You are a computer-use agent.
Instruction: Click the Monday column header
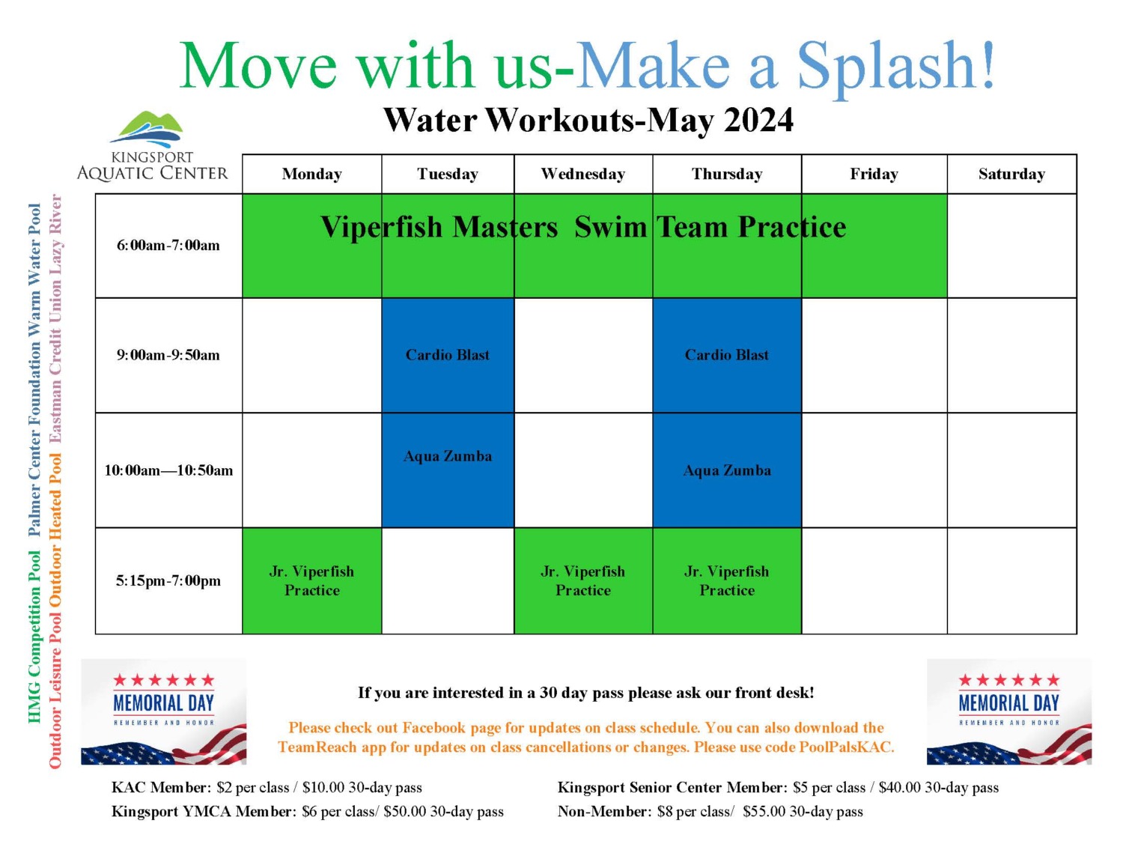pos(311,174)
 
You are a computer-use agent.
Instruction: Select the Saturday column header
pos(1011,174)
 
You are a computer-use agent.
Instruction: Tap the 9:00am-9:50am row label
pos(168,355)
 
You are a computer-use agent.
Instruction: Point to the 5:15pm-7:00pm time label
pos(168,581)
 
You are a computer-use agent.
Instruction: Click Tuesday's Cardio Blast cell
pos(448,355)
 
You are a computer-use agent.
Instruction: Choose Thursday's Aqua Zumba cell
pos(727,470)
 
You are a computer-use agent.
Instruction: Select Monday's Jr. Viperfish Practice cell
pos(311,581)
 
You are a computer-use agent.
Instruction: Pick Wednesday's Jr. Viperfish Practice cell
pos(583,581)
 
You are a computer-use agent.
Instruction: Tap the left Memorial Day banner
pos(163,711)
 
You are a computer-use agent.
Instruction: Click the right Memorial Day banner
pos(1009,711)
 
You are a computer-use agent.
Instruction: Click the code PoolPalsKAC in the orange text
pos(846,747)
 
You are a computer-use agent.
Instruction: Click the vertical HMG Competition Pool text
pos(34,637)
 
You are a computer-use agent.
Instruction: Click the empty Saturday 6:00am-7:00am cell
pos(1011,246)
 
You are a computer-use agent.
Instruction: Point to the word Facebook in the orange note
pos(433,728)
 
